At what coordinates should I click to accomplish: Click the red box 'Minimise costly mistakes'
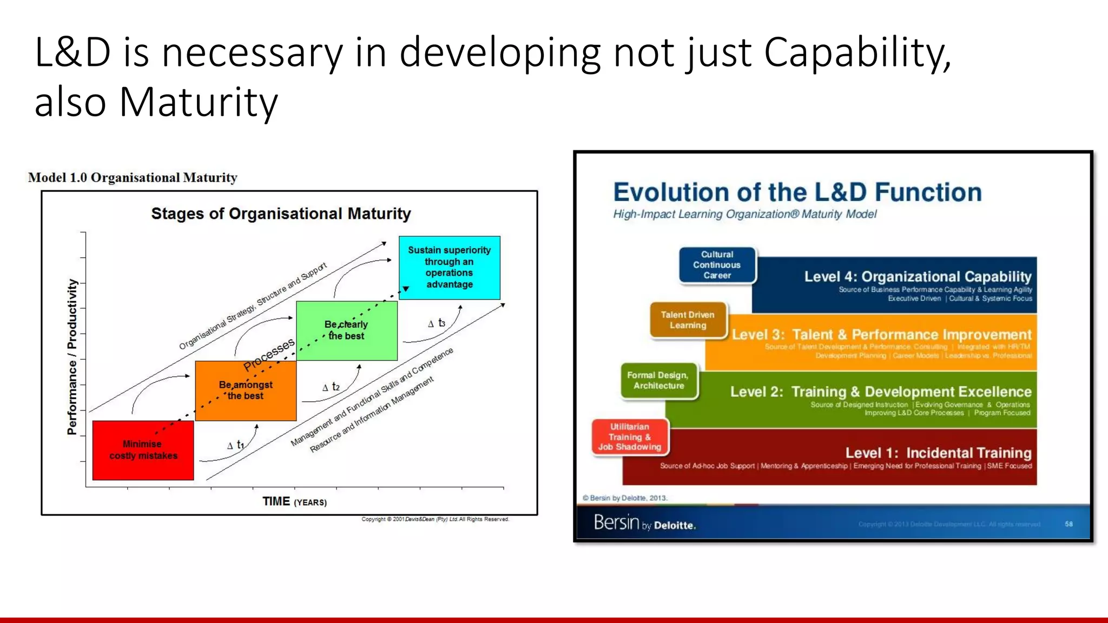pos(143,450)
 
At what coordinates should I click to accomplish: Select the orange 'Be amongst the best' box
pos(246,390)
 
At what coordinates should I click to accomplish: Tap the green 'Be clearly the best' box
pos(346,330)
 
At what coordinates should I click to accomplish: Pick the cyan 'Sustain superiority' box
pos(449,267)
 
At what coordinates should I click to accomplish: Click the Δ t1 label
pos(236,445)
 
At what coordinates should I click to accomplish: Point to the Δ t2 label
pos(331,387)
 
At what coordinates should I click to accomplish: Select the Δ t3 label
pos(437,323)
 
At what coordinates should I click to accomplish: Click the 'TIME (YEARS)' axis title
pos(294,502)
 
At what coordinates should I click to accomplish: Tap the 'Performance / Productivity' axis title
pos(72,357)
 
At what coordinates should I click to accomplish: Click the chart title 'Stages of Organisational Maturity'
pos(281,214)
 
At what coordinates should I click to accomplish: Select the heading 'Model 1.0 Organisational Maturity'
pos(133,177)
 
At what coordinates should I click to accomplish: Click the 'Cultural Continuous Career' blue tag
pos(717,265)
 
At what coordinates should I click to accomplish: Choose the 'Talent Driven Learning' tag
pos(688,320)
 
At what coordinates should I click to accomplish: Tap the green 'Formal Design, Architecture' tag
pos(658,381)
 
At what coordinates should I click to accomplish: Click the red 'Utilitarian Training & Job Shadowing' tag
pos(630,437)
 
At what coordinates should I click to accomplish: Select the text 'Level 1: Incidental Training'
pos(938,453)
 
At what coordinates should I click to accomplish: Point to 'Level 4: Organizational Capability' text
pos(918,277)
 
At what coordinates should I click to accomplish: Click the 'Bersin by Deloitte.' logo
pos(644,523)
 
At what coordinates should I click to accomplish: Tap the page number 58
pos(1069,524)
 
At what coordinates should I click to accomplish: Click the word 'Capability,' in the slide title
pos(857,53)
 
